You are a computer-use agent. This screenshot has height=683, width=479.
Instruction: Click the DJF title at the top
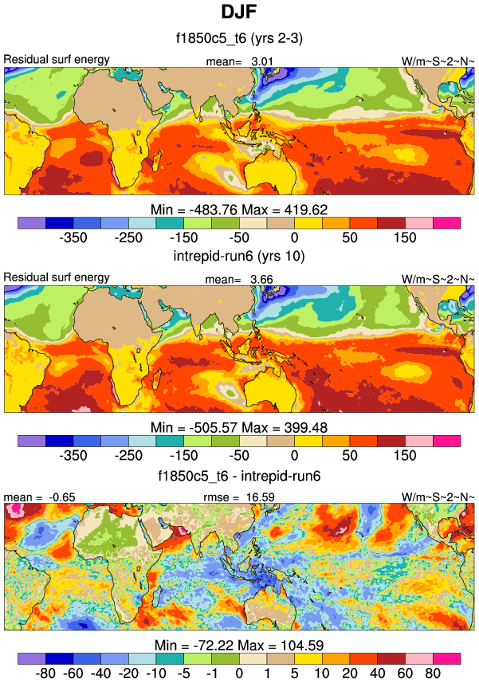pos(239,13)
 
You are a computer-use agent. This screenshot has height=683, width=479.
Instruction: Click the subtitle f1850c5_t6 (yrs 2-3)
pos(239,38)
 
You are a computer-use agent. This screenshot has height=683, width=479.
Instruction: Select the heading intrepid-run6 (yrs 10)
pos(239,257)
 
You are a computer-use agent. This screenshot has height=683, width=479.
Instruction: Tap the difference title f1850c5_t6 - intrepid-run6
pos(239,477)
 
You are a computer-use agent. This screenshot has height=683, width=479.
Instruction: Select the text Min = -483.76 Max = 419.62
pos(239,207)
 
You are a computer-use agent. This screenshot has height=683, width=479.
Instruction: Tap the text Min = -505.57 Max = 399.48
pos(239,426)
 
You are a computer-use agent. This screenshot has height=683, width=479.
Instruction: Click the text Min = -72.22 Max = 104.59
pos(239,645)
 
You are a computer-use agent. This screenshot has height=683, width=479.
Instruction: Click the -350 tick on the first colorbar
pos(73,237)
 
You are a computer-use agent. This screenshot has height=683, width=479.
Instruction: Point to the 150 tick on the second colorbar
pos(405,457)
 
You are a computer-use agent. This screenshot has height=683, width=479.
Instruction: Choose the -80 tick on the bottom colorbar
pos(45,675)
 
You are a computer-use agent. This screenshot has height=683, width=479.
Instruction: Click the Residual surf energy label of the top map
pos(57,60)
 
